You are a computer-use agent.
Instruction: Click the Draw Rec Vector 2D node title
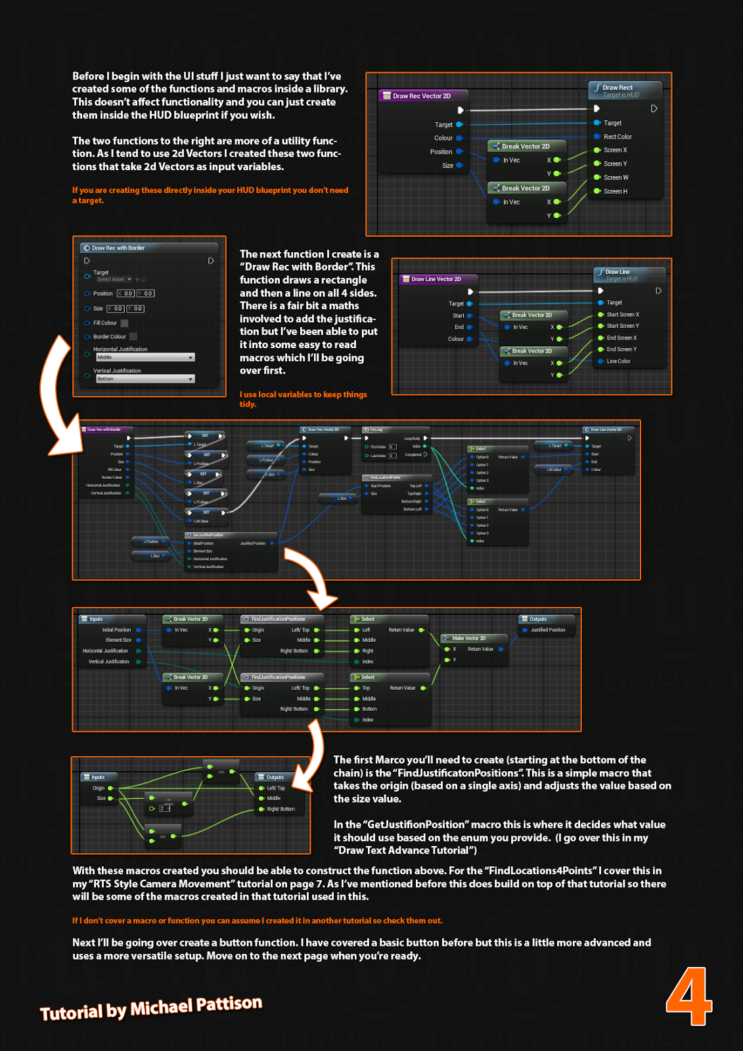421,96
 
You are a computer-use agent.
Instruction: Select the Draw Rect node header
618,87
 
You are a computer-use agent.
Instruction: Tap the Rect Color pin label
618,137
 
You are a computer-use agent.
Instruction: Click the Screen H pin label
615,191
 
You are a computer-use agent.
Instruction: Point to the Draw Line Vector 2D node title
436,279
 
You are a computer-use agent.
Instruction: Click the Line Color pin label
618,361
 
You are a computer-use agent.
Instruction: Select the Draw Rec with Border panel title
118,248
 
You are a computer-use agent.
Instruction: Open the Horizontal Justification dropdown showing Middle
145,357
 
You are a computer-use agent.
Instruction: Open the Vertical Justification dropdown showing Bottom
145,379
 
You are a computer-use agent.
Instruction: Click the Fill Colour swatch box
125,323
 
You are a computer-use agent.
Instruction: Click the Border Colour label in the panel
109,336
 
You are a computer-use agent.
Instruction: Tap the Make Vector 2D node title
468,638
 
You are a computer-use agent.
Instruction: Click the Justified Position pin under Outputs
548,630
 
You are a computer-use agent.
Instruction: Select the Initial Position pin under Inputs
117,630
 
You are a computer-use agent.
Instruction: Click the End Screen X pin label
621,338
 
